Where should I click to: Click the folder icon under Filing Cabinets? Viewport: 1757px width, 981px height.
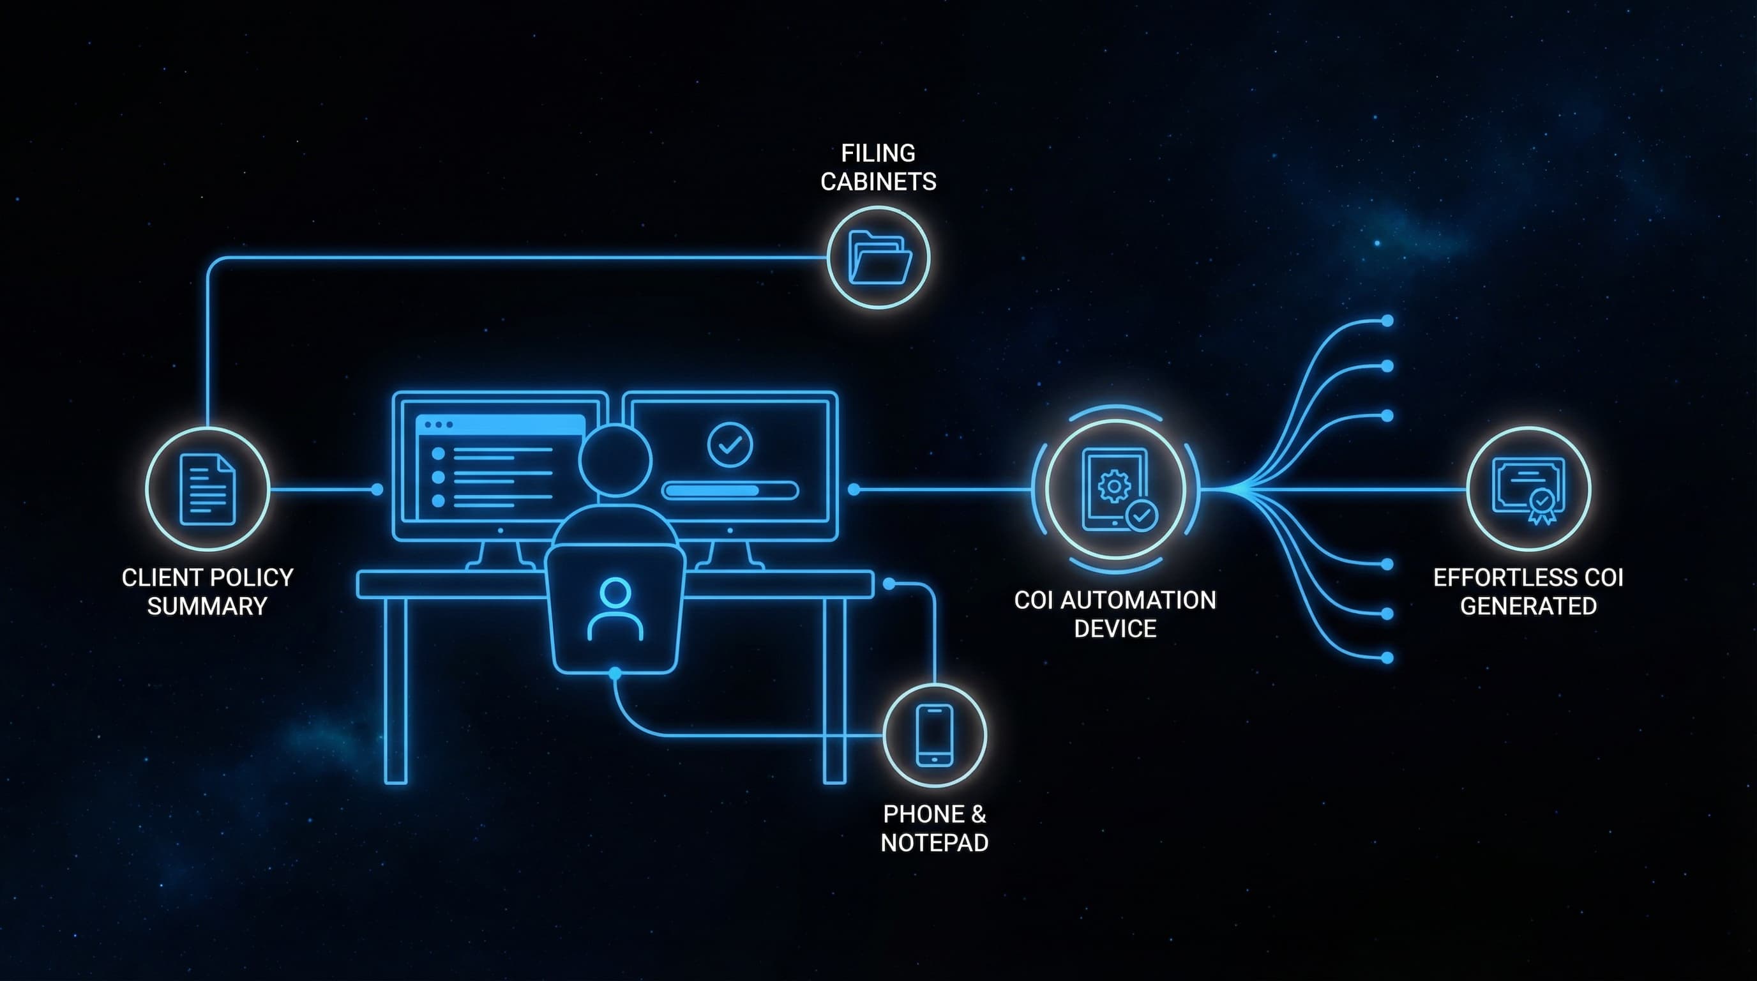pos(879,257)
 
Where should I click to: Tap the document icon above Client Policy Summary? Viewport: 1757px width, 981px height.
pos(207,490)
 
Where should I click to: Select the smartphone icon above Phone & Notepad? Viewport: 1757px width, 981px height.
pos(935,735)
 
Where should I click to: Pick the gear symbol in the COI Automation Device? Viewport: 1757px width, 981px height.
pos(1114,487)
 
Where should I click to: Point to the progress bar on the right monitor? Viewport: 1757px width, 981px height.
pos(730,490)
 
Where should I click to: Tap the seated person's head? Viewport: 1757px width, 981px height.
pos(615,460)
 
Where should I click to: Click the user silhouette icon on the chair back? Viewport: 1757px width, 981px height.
pos(615,609)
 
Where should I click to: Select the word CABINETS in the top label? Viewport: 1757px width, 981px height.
pos(879,181)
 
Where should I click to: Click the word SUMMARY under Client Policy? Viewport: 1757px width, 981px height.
pos(207,606)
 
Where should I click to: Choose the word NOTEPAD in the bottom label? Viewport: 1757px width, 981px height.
pos(935,842)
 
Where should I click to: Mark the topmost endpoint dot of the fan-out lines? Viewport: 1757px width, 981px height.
pos(1387,321)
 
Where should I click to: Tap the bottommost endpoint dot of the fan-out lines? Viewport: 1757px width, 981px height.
pos(1387,658)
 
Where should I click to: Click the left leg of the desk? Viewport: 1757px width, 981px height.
pos(396,690)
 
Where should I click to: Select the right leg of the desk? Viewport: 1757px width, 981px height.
pos(835,690)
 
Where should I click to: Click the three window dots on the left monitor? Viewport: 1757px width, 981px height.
pos(439,424)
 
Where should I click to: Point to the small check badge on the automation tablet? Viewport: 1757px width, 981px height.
pos(1141,516)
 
